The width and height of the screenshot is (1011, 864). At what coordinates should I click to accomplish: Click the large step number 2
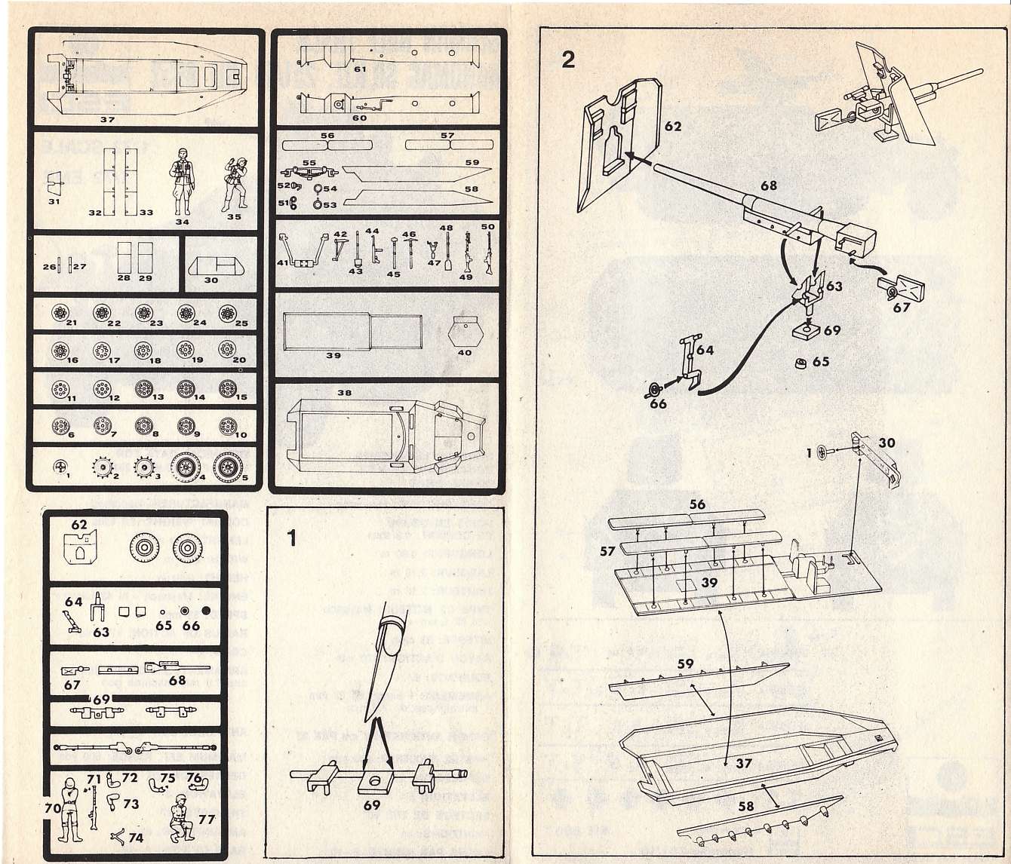(x=568, y=60)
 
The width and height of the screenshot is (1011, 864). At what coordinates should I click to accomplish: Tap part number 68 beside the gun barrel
(x=768, y=185)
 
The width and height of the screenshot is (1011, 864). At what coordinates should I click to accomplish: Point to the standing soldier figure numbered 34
(x=182, y=181)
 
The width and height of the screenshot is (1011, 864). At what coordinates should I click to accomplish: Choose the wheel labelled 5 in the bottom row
(x=227, y=467)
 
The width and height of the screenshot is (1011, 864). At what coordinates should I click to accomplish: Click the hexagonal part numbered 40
(x=465, y=332)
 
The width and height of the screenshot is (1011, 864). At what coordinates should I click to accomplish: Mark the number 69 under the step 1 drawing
(x=372, y=805)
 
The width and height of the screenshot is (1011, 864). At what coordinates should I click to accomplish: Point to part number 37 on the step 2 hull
(x=744, y=764)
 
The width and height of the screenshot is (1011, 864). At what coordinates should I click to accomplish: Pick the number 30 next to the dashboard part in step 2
(x=887, y=443)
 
